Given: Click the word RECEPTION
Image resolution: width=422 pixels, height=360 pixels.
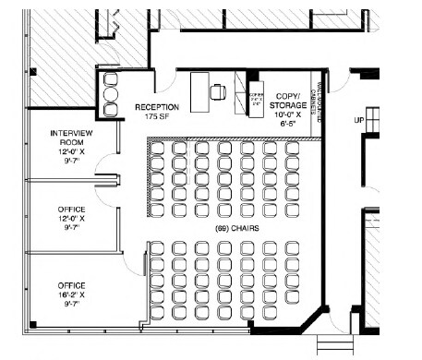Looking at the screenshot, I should [156, 106].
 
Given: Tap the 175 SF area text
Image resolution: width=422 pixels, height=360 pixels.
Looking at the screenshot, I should [156, 116].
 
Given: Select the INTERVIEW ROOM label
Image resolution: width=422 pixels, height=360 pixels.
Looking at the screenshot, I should [71, 139].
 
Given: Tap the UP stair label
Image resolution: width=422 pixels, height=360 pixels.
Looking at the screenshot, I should [360, 120].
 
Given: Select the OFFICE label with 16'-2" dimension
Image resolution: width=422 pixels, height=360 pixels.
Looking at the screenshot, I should [71, 284].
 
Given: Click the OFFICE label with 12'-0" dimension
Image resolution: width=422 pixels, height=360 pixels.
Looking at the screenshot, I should [71, 210].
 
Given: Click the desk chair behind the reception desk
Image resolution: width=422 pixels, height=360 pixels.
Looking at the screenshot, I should [219, 90].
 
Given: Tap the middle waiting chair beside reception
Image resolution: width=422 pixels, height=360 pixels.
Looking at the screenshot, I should [111, 95].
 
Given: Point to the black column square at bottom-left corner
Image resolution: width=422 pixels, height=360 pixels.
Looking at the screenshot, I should [32, 323].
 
